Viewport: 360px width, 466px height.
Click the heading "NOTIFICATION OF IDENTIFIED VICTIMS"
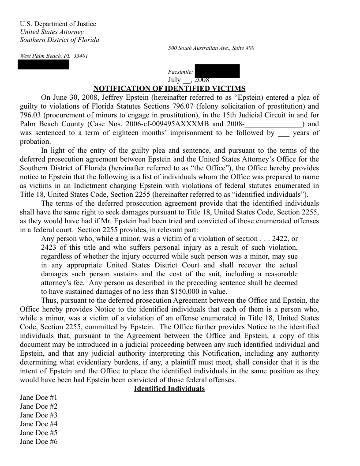point(169,89)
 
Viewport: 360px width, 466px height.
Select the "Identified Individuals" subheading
point(169,389)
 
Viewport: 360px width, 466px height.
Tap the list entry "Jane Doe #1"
point(39,398)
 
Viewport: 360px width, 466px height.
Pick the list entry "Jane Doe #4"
point(39,424)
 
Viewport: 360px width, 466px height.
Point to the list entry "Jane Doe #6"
point(39,442)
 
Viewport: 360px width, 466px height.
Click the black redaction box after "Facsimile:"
point(217,71)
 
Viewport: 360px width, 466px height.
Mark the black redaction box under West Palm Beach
point(44,64)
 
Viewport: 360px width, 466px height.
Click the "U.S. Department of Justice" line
point(58,24)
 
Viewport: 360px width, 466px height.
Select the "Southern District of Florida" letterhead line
point(60,40)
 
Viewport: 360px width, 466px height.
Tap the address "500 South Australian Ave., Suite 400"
point(211,48)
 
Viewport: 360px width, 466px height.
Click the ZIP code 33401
point(80,56)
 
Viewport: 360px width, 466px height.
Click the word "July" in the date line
point(174,80)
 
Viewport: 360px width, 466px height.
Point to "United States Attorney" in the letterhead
point(52,32)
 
